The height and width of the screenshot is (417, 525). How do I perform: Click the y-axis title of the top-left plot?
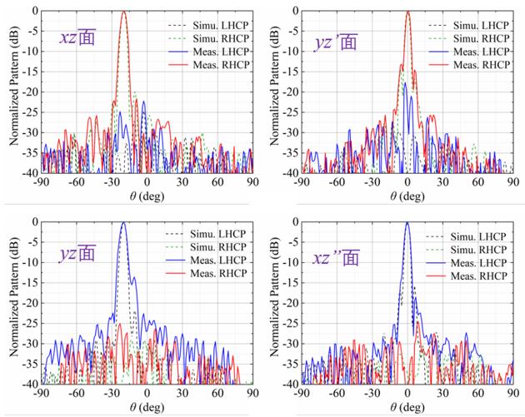[12, 92]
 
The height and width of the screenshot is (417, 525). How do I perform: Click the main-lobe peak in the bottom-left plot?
[123, 223]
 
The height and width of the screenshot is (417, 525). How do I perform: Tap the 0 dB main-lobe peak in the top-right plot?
[407, 12]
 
